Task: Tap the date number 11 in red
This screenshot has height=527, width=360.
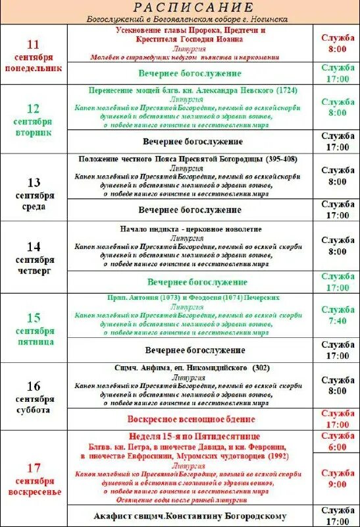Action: pos(33,44)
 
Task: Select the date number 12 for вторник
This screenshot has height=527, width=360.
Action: pos(33,109)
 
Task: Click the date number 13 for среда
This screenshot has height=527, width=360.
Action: pos(33,182)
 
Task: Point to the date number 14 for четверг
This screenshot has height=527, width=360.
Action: pos(33,247)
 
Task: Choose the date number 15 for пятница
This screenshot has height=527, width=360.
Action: pos(33,318)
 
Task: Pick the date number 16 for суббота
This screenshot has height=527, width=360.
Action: pos(33,386)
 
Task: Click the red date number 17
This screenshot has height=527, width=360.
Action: pos(33,468)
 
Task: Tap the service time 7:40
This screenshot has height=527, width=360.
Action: pos(338,321)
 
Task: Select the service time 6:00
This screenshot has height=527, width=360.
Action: pos(338,447)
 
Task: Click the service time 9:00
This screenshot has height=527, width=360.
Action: pos(338,484)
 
